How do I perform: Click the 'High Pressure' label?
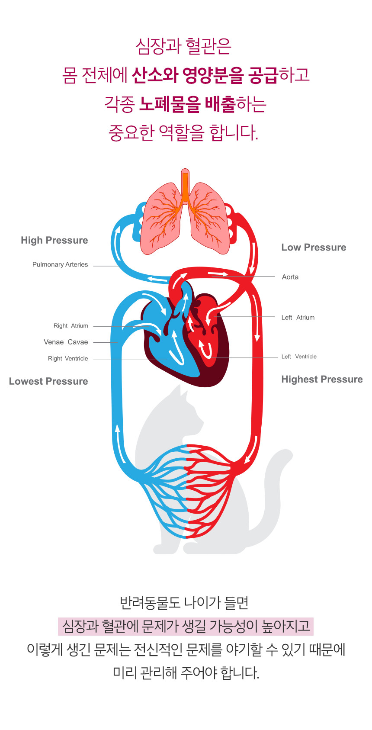point(55,241)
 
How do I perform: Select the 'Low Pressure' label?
point(314,248)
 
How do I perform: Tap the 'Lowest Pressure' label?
point(48,381)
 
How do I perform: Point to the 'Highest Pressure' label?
point(322,379)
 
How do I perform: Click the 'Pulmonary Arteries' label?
point(60,264)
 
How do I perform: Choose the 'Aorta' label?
point(290,277)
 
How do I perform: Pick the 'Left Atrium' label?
point(298,318)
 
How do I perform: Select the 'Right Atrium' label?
point(71,326)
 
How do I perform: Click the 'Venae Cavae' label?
point(66,342)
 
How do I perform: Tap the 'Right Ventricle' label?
point(68,359)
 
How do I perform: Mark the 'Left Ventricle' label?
point(299,357)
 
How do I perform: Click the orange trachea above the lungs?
point(185,186)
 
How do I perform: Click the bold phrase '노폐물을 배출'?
point(187,104)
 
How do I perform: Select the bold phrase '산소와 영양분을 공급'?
point(205,75)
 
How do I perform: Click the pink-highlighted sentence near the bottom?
point(186,626)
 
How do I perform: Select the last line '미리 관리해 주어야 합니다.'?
point(186,673)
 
